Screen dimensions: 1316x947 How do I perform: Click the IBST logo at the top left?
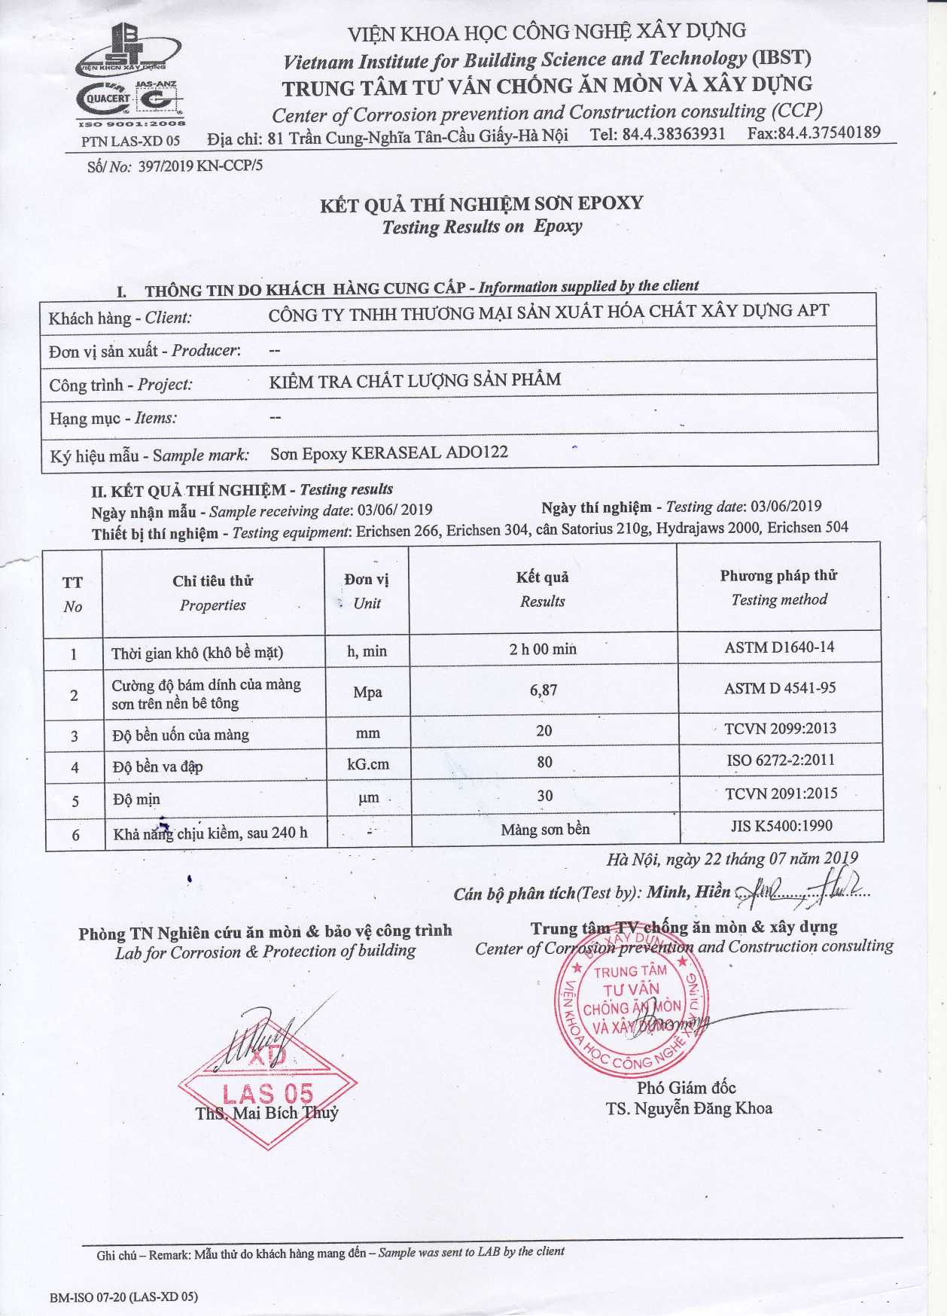pos(130,49)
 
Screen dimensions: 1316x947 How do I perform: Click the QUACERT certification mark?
pos(108,99)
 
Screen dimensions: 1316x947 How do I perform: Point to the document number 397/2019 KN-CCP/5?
pos(200,166)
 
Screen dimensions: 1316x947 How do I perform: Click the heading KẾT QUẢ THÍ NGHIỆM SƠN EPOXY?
pos(482,204)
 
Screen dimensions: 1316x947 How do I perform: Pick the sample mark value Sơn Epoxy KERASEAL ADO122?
pos(388,453)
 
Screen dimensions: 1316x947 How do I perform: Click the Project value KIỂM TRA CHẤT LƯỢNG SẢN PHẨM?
pos(415,380)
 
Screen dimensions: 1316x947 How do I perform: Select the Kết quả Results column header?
pos(542,589)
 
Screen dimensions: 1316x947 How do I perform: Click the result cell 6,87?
pos(544,690)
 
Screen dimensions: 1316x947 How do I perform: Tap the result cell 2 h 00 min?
pos(543,649)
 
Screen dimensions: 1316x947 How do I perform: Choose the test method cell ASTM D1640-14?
pos(779,647)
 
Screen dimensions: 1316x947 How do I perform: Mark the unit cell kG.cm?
pos(368,764)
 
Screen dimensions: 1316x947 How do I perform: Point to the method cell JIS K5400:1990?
pos(781,826)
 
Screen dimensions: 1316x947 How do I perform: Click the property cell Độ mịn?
pos(136,800)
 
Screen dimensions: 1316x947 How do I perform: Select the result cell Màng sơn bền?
pos(545,830)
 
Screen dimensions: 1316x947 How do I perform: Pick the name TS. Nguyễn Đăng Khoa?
pos(689,1108)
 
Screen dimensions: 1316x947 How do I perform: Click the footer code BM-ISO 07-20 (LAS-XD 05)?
pos(123,1296)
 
